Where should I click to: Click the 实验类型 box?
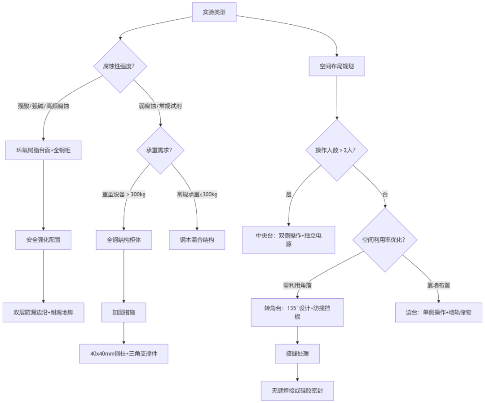[214, 12]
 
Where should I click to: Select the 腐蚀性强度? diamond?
[120, 66]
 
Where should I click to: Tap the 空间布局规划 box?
[336, 66]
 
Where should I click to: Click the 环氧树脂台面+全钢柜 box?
[43, 150]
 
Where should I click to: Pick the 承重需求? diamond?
[160, 151]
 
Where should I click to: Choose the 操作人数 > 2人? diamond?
[336, 150]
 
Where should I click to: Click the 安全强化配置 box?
[43, 240]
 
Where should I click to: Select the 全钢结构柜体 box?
[123, 240]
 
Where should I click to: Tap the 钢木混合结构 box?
[197, 240]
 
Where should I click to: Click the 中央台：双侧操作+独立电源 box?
[289, 240]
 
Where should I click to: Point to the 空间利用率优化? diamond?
[384, 240]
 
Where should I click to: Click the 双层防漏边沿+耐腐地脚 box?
[43, 312]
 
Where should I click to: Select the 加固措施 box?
[123, 312]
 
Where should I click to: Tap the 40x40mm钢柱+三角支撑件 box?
[123, 354]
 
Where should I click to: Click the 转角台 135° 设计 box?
[297, 312]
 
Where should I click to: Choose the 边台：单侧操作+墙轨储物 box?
[438, 312]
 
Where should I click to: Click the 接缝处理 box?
[297, 354]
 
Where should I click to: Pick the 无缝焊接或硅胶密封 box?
[297, 391]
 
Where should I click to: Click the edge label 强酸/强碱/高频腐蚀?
[43, 106]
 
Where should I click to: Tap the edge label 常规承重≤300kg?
[197, 195]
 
